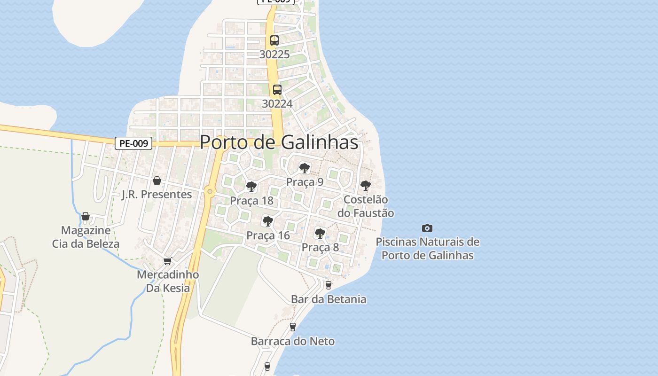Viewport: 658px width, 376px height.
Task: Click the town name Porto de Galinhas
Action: (279, 142)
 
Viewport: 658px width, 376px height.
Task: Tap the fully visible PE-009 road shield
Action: (133, 143)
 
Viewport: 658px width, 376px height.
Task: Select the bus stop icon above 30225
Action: (274, 40)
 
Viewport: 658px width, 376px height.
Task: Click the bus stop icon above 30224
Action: (277, 90)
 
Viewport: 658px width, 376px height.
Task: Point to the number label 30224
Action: (277, 103)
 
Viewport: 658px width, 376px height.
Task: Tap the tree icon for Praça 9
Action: (305, 168)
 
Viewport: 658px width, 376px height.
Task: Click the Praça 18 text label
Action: (251, 201)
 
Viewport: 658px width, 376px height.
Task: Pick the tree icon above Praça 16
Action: (268, 221)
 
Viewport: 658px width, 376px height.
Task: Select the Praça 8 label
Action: (320, 247)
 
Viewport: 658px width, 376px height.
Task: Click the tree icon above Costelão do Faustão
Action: (366, 186)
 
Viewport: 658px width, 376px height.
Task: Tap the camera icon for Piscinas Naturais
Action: (427, 228)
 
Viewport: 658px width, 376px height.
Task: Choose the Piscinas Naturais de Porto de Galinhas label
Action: (427, 249)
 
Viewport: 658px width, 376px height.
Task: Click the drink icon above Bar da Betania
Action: (329, 285)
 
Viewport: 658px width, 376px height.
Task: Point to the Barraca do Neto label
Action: (293, 341)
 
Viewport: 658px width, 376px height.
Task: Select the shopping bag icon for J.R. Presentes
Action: (157, 180)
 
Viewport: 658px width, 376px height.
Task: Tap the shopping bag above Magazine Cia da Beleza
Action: (86, 216)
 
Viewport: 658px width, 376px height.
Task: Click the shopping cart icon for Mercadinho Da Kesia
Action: (168, 261)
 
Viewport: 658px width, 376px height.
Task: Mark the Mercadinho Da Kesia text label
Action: (168, 281)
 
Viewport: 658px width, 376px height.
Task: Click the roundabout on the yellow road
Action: (210, 191)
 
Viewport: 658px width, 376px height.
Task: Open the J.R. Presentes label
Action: (157, 194)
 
